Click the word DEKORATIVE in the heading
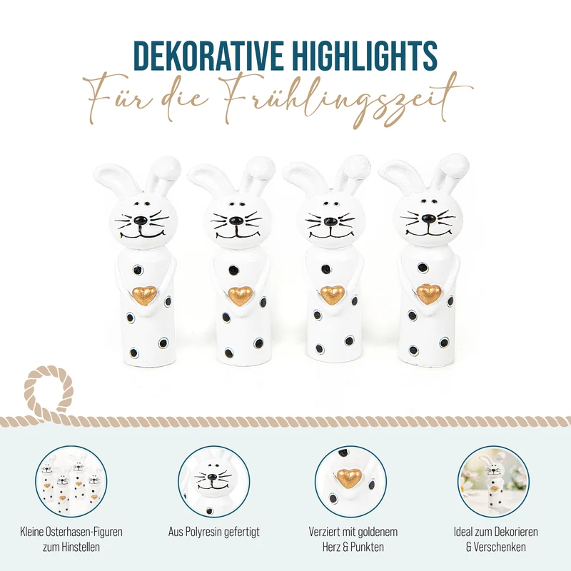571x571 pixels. (x=208, y=56)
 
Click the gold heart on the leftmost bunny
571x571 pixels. (x=145, y=295)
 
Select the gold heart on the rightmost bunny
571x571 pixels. (x=429, y=294)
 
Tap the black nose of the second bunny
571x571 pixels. (x=236, y=221)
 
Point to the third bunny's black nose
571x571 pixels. (x=330, y=221)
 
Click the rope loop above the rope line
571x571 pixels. (x=49, y=391)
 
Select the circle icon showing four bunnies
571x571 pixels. (x=71, y=481)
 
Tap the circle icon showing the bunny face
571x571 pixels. (x=213, y=481)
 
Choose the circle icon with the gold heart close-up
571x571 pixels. (x=350, y=481)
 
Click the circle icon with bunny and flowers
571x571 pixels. (x=493, y=481)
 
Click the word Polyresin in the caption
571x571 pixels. (x=203, y=532)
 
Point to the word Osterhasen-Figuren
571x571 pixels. (x=84, y=532)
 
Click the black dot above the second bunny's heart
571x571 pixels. (x=233, y=270)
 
